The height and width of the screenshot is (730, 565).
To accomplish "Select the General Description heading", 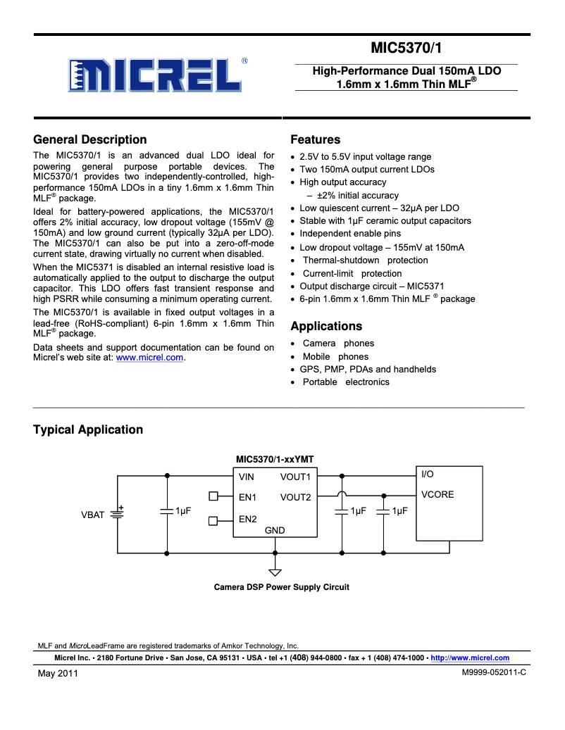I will coord(90,139).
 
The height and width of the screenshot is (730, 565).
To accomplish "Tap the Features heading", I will coord(315,139).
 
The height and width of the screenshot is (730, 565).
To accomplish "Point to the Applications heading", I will coord(326,326).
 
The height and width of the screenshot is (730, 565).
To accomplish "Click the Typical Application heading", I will coord(88,429).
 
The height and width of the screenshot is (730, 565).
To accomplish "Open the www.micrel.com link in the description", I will coord(149,358).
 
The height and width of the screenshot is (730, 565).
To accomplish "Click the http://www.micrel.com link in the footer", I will coord(469,658).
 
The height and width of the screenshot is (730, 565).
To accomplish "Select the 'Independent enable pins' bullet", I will coord(350,234).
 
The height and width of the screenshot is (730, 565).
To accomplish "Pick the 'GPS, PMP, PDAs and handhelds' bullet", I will coord(368,370).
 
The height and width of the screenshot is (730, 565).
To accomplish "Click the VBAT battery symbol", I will coord(117,514).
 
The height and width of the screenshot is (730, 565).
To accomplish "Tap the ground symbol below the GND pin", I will coord(275,572).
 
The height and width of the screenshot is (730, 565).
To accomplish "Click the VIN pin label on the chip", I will coord(247,477).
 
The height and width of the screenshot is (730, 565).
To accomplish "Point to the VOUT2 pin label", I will coord(295,498).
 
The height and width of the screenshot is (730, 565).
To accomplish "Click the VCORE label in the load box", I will coord(437,495).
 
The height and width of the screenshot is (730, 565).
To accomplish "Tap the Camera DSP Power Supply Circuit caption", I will coord(281,587).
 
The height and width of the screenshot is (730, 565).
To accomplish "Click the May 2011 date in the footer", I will coord(58,673).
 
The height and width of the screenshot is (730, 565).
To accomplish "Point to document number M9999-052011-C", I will coord(494,672).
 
